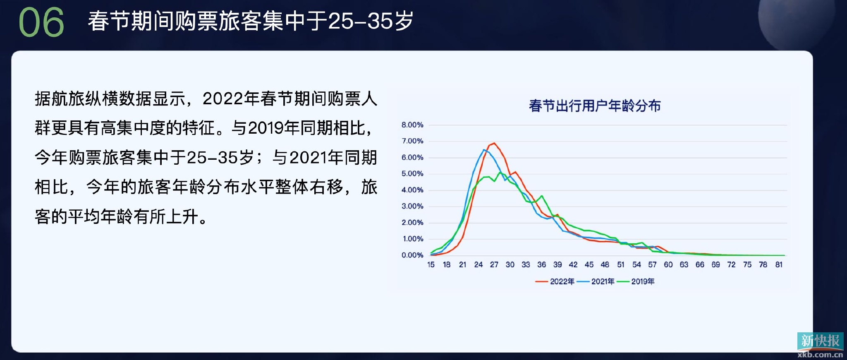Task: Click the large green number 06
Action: tap(41, 22)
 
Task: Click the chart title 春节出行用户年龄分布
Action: tap(594, 106)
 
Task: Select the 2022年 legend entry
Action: tap(557, 281)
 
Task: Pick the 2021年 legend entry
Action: tap(598, 281)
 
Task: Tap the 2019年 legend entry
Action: tap(637, 281)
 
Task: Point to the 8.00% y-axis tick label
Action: tap(412, 125)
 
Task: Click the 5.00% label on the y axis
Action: tap(412, 174)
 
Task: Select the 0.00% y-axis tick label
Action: tap(412, 255)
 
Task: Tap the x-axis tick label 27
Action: tap(494, 265)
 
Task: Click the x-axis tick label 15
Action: tap(431, 265)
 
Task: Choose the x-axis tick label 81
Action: tap(779, 265)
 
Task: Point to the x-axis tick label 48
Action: tap(605, 265)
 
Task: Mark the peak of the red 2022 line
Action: tap(494, 143)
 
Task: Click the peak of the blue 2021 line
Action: tap(484, 150)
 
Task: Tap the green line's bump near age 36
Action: tap(541, 196)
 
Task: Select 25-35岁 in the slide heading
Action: tap(371, 21)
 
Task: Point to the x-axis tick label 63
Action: tap(684, 265)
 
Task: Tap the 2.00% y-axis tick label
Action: tap(412, 223)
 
